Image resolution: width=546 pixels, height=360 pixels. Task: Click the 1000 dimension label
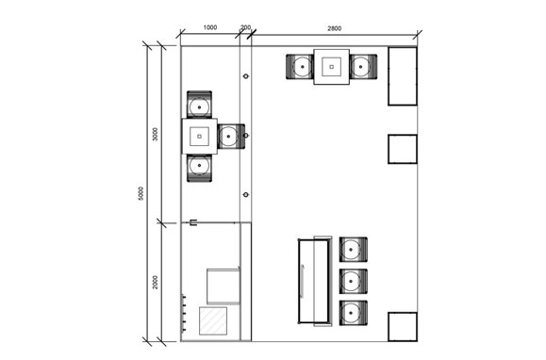pos(210,27)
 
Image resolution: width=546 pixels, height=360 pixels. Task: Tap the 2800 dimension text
pos(334,28)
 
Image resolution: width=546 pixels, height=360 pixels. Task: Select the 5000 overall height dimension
pos(141,193)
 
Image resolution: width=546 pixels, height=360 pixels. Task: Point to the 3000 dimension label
pos(156,134)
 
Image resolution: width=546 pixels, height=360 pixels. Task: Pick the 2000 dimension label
pos(156,282)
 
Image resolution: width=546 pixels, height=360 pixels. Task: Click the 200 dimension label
pos(245,27)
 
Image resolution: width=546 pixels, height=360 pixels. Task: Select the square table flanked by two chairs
pos(332,67)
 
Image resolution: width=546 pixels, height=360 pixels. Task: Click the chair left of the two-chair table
pos(300,67)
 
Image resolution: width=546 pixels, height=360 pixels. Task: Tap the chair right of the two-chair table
pos(363,67)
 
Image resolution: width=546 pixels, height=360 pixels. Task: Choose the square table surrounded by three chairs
pos(200,137)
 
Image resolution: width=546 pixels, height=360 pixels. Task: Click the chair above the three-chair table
pos(199,105)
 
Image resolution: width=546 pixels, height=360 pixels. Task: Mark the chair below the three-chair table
pos(199,168)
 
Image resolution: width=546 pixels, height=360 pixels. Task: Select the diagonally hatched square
pos(213,320)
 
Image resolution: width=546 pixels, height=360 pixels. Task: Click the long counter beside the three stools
pos(315,281)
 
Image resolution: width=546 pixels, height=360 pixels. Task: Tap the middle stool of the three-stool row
pos(353,281)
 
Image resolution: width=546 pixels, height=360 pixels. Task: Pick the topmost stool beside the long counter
pos(353,250)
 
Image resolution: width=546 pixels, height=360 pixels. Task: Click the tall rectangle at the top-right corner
pos(403,76)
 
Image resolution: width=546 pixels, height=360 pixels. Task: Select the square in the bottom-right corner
pos(403,327)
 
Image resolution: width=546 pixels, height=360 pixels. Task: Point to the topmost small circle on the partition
pos(246,76)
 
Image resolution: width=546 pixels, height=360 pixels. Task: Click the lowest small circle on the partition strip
pos(246,195)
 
